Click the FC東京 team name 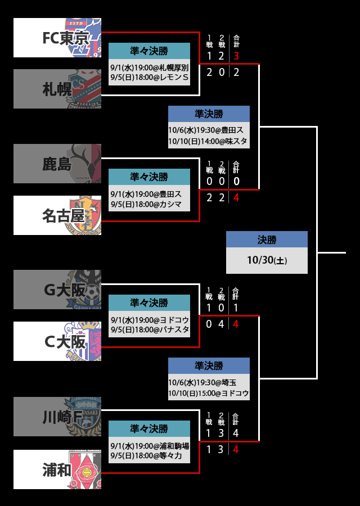pos(65,38)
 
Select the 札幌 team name pos(57,89)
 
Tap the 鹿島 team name pos(57,164)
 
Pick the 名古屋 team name pos(65,215)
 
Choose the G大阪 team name pos(64,290)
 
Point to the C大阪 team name pos(64,341)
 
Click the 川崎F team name pos(64,417)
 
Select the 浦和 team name pos(57,469)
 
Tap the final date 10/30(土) pos(267,260)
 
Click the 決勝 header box pos(267,240)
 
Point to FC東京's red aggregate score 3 pos(236,56)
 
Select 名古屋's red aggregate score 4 pos(236,197)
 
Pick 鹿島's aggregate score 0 pos(236,181)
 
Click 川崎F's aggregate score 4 pos(236,433)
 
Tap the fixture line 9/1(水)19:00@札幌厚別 pos(149,67)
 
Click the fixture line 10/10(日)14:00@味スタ pos(208,141)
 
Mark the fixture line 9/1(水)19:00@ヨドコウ pos(149,319)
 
